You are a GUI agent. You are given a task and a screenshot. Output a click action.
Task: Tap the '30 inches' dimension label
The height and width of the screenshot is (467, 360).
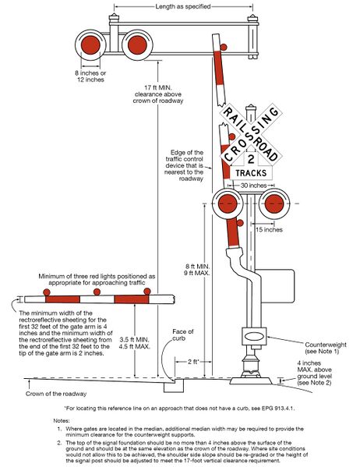pyautogui.click(x=252, y=186)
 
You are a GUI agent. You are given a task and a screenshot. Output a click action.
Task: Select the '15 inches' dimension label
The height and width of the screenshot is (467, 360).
pyautogui.click(x=270, y=231)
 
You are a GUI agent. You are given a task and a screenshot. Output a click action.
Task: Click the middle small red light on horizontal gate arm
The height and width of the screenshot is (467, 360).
pyautogui.click(x=97, y=292)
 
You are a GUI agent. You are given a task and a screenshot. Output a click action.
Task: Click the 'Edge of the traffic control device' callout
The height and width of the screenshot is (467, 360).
pyautogui.click(x=185, y=165)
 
